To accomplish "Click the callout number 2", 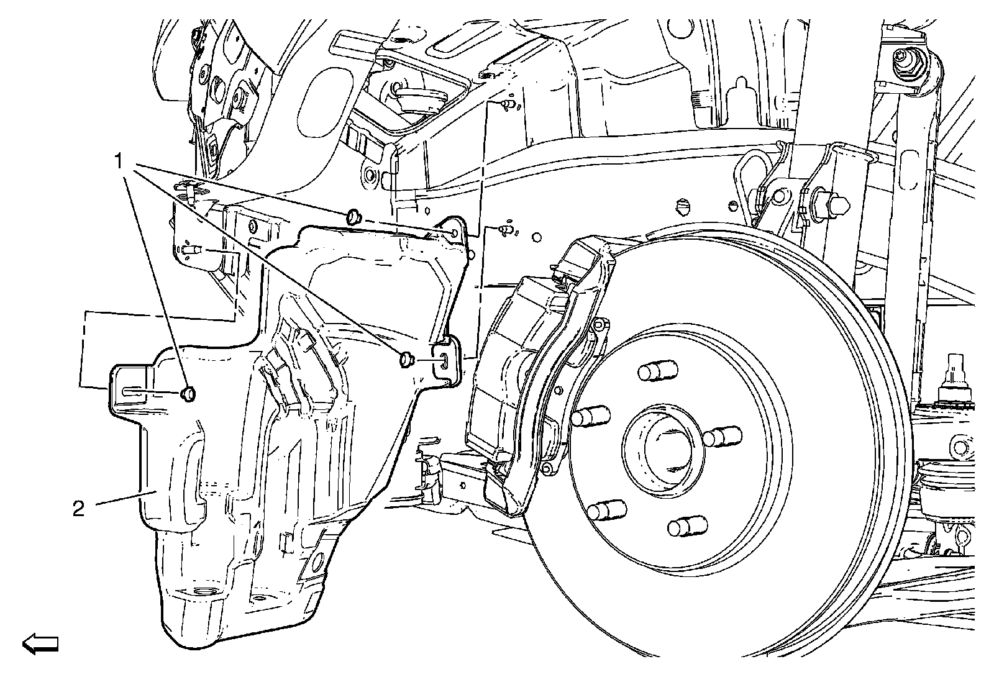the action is coord(78,509).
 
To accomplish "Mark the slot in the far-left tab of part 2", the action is coord(133,391).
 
